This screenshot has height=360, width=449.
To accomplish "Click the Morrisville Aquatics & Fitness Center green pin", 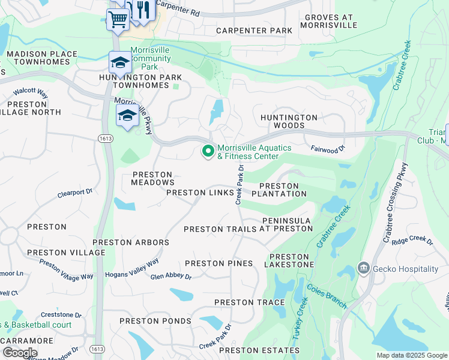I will tap(208, 152).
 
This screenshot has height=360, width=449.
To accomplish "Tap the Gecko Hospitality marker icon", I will tap(363, 268).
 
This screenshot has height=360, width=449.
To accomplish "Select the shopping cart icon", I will tap(117, 19).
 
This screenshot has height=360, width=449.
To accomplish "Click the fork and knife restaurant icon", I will tap(142, 10).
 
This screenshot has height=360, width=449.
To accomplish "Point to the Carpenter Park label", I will tap(254, 31).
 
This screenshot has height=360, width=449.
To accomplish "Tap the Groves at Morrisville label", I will tap(331, 22).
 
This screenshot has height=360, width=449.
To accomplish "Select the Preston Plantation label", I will tap(279, 190).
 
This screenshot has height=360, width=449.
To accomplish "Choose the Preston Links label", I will tap(199, 193).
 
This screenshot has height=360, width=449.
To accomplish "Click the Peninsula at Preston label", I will tap(286, 224).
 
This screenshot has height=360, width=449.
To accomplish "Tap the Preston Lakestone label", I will tap(288, 260).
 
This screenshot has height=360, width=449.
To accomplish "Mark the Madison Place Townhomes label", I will tap(41, 58).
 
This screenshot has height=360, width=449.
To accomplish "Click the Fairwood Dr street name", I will tap(328, 148).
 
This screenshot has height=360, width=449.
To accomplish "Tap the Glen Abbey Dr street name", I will tap(170, 277).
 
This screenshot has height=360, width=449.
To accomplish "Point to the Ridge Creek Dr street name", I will tap(412, 241).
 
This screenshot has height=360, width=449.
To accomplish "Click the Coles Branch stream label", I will tap(327, 296).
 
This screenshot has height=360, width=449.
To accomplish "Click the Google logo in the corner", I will tap(19, 352).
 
